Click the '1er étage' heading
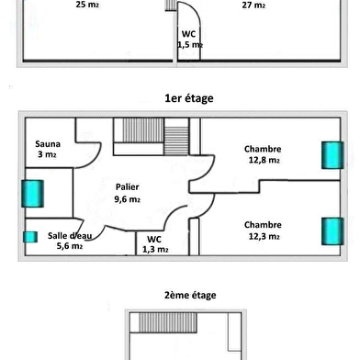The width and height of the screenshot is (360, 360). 189,98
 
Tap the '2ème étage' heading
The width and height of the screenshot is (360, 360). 190,295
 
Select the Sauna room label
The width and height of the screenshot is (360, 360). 48,144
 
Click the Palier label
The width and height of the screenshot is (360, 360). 128,186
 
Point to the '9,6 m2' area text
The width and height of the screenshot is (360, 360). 128,199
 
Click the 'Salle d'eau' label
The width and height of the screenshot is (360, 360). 70,235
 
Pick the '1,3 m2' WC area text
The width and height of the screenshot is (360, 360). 155,250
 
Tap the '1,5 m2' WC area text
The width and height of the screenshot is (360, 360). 190,45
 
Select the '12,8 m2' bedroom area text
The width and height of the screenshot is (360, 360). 264,160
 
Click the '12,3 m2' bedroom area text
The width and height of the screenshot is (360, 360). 264,236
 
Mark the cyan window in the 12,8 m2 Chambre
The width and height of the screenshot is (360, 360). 332,155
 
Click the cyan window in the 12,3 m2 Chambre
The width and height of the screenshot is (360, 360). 332,231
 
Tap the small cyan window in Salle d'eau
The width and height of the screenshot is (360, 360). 30,237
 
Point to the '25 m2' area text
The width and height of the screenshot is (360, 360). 87,5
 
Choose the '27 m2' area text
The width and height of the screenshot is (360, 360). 253,5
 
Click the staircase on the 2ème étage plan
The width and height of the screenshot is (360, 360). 168,322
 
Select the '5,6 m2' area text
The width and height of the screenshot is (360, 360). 70,246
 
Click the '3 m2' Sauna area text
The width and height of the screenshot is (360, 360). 47,154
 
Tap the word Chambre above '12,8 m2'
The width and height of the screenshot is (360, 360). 263,149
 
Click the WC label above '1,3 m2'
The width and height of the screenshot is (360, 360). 154,239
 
